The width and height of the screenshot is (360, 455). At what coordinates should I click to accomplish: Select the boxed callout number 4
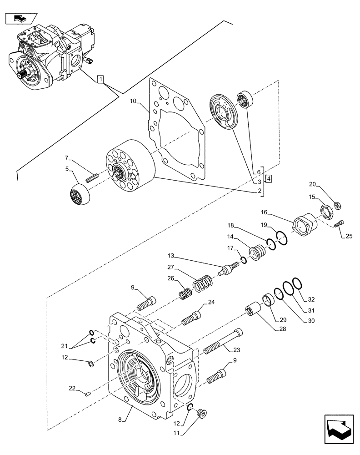269,179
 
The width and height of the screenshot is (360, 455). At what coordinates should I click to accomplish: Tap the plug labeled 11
200,414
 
